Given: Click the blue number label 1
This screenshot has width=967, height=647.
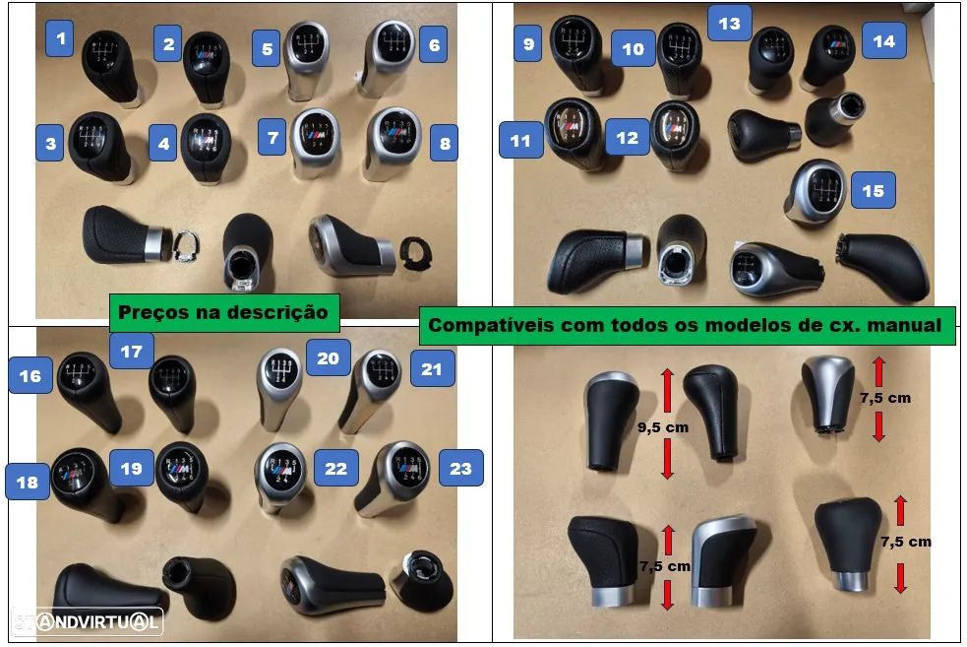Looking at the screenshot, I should click(62, 39).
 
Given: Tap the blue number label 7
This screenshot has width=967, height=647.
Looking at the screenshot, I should click(273, 138).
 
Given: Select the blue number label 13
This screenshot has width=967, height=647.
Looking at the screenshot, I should click(729, 23).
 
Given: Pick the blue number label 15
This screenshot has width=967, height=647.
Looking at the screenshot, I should click(874, 191).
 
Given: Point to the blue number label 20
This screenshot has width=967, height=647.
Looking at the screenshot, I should click(328, 357).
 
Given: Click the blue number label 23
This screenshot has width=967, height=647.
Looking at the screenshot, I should click(460, 468).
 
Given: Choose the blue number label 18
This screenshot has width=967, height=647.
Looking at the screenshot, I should click(29, 483).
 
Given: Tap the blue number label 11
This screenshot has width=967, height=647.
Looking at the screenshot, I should click(520, 140).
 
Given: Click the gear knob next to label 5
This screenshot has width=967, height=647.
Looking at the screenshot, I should click(307, 61).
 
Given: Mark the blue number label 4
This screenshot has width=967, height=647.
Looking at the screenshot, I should click(163, 144).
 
